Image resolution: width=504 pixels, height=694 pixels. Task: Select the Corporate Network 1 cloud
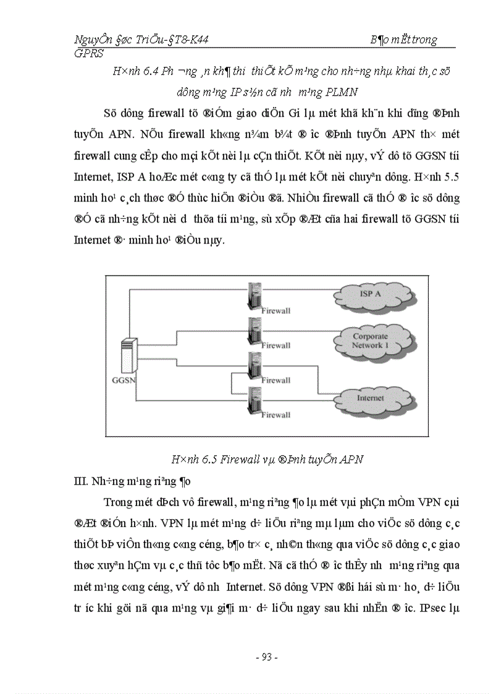pyautogui.click(x=370, y=341)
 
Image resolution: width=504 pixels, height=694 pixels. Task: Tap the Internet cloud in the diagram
pyautogui.click(x=370, y=398)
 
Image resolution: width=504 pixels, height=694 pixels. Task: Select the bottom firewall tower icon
pyautogui.click(x=252, y=399)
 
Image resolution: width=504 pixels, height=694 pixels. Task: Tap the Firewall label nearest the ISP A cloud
pyautogui.click(x=275, y=310)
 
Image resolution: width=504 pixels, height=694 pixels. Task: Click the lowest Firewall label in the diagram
pyautogui.click(x=275, y=415)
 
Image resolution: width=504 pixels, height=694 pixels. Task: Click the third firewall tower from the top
pyautogui.click(x=252, y=365)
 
